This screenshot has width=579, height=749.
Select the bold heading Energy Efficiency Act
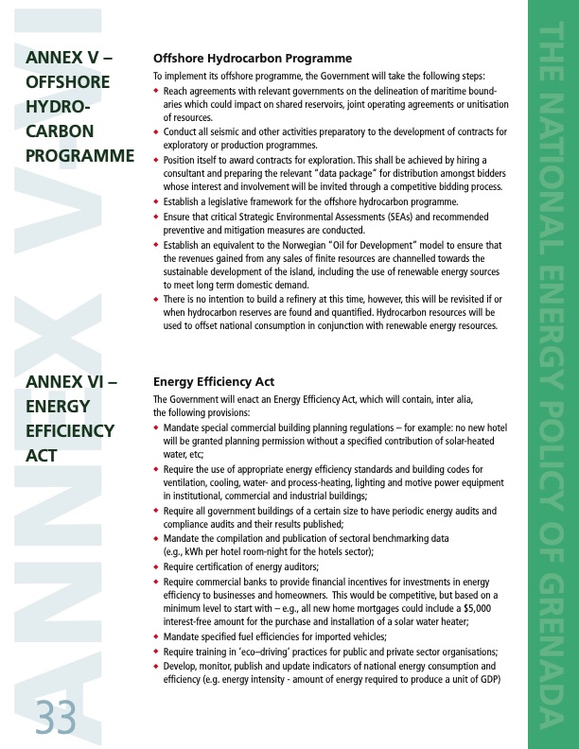(x=214, y=382)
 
